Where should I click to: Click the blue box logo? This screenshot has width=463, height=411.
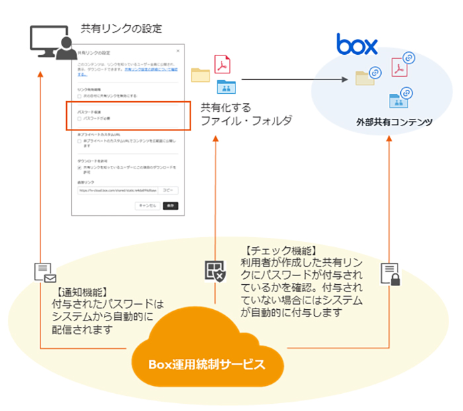357,44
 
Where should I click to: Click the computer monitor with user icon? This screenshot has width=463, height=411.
51,44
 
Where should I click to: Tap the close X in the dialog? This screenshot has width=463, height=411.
177,51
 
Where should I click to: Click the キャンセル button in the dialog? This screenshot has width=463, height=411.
146,205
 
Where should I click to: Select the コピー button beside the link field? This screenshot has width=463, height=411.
168,190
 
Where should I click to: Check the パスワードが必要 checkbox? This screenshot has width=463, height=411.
79,119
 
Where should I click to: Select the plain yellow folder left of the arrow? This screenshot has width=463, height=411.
200,75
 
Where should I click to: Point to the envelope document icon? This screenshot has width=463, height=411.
44,272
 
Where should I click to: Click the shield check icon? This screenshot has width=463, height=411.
214,271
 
